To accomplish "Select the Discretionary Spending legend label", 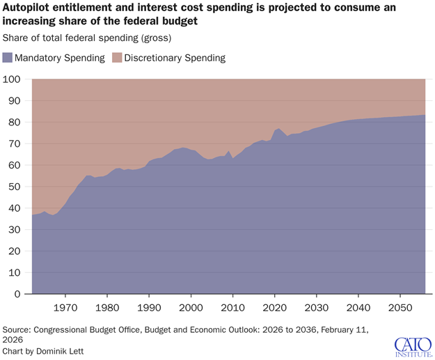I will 174,58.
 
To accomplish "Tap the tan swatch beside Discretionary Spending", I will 116,58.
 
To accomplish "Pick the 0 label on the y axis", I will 17,294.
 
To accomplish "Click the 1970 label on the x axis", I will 65,307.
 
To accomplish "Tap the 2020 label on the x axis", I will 274,307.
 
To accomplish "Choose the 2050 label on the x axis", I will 400,307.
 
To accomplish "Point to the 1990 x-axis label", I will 149,307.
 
